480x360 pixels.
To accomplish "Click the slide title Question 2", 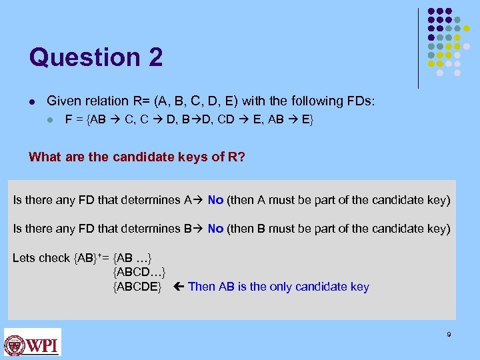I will click(x=95, y=57).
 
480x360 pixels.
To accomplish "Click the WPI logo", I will click(x=32, y=342).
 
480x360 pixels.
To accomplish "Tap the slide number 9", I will click(x=449, y=334).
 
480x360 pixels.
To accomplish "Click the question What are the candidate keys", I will click(x=120, y=157).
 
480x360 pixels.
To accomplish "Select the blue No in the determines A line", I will click(x=215, y=200).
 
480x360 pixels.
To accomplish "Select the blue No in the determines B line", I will click(x=215, y=229).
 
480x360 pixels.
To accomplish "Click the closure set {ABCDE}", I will click(x=137, y=287).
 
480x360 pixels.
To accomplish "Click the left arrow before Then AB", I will click(x=177, y=287).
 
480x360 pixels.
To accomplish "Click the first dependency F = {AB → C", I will click(x=94, y=121).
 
